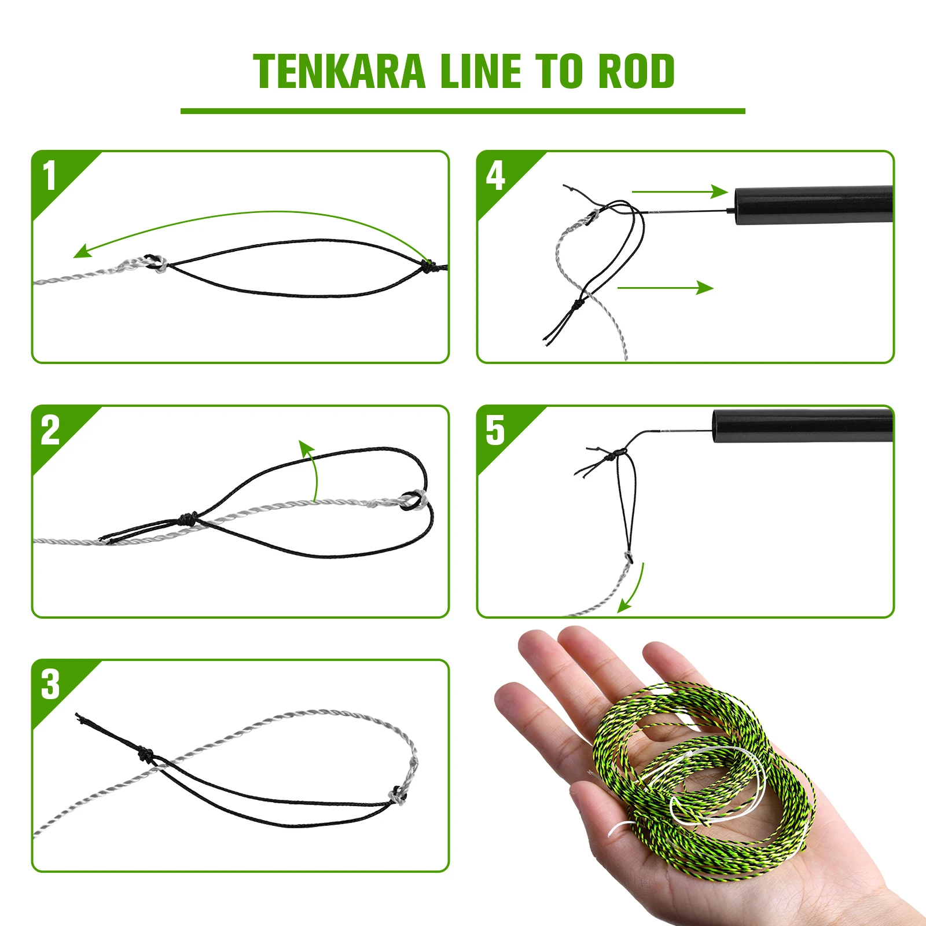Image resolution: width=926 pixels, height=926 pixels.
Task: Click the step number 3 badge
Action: click(50, 685)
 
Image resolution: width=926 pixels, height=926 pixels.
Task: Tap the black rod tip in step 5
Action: click(802, 425)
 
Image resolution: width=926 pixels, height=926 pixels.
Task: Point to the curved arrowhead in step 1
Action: click(81, 252)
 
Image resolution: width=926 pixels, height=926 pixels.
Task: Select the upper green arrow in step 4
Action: click(679, 191)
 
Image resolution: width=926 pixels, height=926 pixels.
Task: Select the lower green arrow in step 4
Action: click(666, 288)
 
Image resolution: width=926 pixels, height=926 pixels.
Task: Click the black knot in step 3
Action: click(145, 754)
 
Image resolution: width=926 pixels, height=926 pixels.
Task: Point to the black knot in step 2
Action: click(187, 517)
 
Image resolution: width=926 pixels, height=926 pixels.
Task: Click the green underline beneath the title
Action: click(462, 111)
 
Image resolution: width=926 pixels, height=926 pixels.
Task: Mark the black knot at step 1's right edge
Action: click(429, 267)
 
